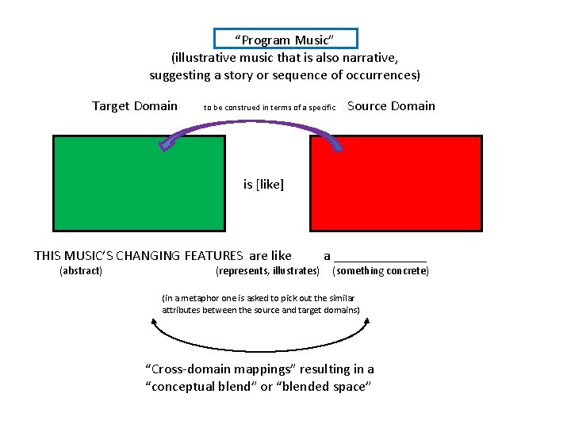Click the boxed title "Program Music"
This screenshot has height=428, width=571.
pos(285,40)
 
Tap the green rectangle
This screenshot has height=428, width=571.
pos(139,182)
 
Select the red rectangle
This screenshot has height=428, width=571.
pos(396,182)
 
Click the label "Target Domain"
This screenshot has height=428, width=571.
pos(135,106)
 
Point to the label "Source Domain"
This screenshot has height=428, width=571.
pos(391,106)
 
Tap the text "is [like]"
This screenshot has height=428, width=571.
pos(263,185)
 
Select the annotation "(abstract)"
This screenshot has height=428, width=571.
pos(81,271)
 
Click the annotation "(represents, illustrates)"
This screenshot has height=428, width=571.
pos(267,271)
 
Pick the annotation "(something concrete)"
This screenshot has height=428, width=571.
pos(381,271)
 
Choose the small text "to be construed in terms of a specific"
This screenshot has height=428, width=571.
pos(270,107)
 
